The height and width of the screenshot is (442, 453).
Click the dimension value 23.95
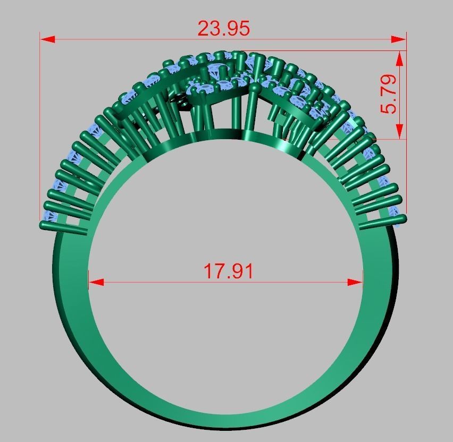223,28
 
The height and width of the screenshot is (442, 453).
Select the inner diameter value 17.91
229,271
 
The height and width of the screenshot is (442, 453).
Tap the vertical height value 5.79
389,94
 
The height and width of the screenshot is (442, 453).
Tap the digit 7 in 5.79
389,93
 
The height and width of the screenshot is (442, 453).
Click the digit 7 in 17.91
222,271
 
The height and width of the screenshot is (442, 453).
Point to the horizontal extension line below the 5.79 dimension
388,139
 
